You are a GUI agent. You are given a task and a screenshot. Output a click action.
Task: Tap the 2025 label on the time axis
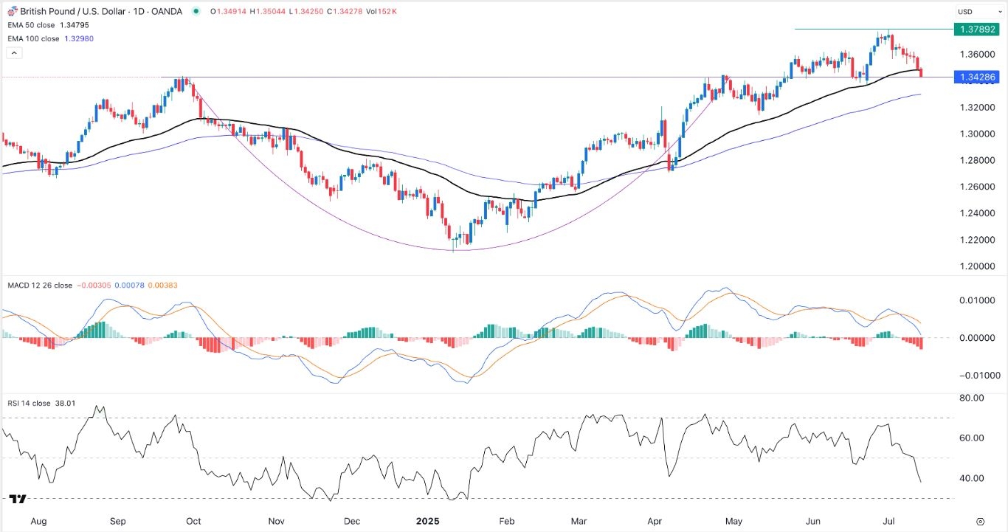(x=427, y=521)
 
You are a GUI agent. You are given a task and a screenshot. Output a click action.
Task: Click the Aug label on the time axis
(x=39, y=521)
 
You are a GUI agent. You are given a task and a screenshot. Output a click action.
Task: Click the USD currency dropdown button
(x=971, y=12)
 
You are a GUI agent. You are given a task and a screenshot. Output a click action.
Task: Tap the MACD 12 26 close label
(x=41, y=285)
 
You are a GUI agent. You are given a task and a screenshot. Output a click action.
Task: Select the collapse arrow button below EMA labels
(x=14, y=53)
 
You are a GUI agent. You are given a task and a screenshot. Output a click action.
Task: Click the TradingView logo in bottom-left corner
(x=19, y=500)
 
